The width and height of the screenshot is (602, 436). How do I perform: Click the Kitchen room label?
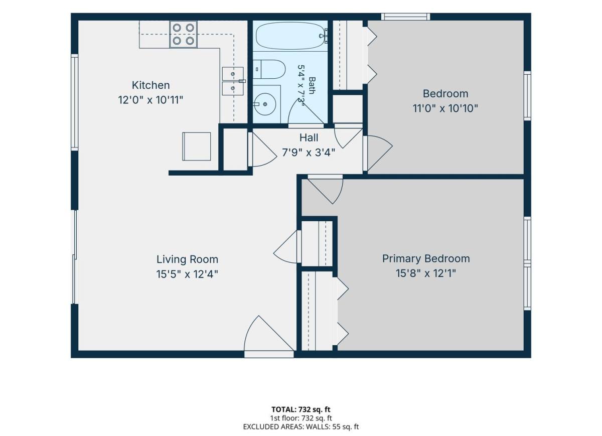tap(150, 85)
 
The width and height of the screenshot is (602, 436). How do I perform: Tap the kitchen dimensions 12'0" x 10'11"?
tap(150, 100)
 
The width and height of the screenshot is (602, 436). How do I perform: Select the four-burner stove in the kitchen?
tap(183, 35)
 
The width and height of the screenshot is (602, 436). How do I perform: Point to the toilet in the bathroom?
tap(269, 69)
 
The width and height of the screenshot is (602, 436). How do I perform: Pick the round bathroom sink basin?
tap(264, 104)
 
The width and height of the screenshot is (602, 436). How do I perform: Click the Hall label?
tap(309, 138)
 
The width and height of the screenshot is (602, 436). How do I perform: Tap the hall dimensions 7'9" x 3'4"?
tap(309, 153)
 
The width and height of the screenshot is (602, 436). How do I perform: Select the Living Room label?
tap(187, 259)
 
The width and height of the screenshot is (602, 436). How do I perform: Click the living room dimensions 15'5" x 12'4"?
tap(187, 274)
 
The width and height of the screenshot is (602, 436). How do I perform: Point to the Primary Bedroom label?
tap(426, 259)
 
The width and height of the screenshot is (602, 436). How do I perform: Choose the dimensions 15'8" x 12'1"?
tap(426, 273)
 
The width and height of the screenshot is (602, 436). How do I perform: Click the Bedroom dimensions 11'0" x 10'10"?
tap(445, 108)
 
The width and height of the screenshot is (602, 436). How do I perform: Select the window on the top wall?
tap(405, 17)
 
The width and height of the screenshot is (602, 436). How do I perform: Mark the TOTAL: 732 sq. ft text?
tap(300, 409)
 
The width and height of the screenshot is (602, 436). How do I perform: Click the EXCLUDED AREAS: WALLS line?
tap(300, 426)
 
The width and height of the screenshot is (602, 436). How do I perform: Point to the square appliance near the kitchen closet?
tap(197, 147)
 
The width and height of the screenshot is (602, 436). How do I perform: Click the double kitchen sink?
tap(233, 81)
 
